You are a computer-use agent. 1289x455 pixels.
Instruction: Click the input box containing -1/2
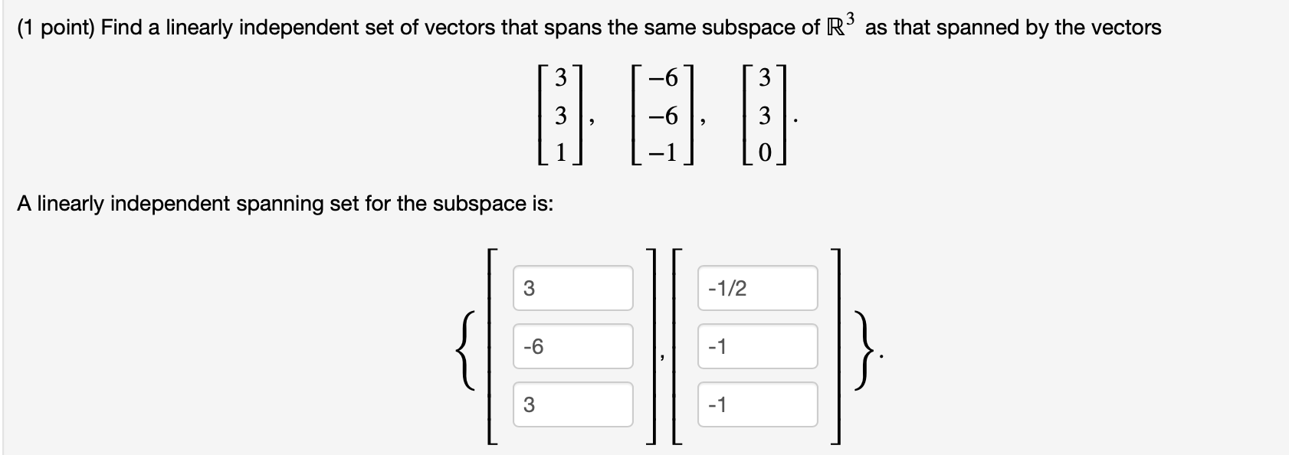click(x=756, y=289)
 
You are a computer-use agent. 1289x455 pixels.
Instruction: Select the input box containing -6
click(x=572, y=347)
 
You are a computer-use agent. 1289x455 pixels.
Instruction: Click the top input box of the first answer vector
click(x=572, y=289)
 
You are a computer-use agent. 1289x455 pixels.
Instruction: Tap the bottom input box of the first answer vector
click(x=572, y=404)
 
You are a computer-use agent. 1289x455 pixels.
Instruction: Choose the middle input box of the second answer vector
click(x=756, y=347)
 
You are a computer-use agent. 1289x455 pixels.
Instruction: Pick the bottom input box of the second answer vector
click(x=756, y=404)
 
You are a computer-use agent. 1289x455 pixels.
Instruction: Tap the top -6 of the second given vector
click(x=663, y=78)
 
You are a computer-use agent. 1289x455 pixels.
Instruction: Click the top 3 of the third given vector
click(x=763, y=78)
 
